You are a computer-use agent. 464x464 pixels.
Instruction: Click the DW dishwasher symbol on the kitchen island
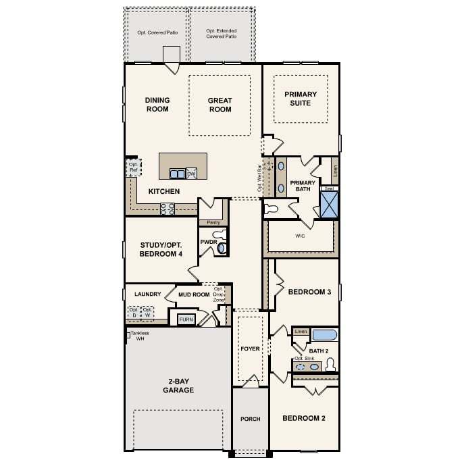[x=191, y=174]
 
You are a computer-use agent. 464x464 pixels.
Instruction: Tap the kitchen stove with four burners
[x=167, y=209]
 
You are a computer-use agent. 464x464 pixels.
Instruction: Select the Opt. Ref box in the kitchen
[x=134, y=167]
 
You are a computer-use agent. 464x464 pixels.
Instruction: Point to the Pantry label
[x=213, y=222]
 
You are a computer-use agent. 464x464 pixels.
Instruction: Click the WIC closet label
[x=301, y=236]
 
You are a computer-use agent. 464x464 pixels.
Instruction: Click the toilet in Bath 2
[x=330, y=365]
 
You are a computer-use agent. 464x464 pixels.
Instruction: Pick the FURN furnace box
[x=186, y=319]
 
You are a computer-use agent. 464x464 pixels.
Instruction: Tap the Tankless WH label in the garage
[x=140, y=336]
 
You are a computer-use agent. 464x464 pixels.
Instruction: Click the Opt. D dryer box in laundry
[x=134, y=313]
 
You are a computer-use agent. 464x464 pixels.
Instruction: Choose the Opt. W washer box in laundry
[x=147, y=313]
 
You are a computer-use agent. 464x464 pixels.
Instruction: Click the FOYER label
[x=250, y=349]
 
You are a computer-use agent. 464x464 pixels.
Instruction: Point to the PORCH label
[x=250, y=419]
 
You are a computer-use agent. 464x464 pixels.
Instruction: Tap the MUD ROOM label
[x=194, y=294]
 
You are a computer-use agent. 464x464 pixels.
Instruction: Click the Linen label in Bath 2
[x=301, y=332]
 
